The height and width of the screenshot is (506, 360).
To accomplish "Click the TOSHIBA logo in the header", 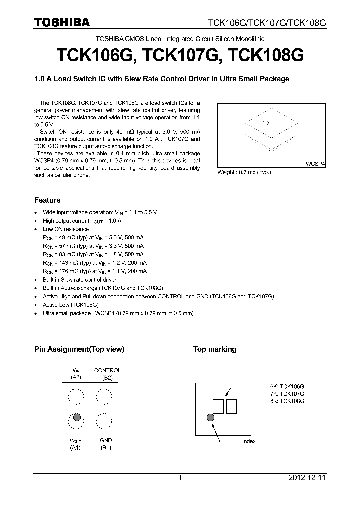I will click(x=62, y=22).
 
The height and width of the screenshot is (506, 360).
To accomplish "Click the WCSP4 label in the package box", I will click(x=315, y=164).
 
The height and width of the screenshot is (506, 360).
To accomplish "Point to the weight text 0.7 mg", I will click(x=244, y=172).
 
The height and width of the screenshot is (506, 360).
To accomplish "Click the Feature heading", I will click(x=47, y=200).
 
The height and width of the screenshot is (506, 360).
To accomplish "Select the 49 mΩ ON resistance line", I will click(x=93, y=237).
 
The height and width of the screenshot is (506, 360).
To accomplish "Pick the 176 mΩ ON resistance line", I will click(x=95, y=271).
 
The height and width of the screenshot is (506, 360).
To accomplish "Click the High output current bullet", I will click(x=82, y=220).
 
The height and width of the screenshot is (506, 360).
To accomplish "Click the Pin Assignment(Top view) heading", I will click(x=79, y=349).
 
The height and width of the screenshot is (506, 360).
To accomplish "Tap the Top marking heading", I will click(x=215, y=349).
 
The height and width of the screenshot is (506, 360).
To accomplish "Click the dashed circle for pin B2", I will click(x=104, y=397).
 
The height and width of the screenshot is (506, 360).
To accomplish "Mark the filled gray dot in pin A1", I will click(x=77, y=417).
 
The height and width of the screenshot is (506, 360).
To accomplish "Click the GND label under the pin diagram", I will click(x=106, y=440).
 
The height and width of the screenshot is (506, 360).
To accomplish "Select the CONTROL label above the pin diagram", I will click(x=107, y=370).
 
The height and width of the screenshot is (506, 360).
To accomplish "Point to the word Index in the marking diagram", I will click(x=249, y=441).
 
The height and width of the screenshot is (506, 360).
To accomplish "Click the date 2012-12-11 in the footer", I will click(x=307, y=478).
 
